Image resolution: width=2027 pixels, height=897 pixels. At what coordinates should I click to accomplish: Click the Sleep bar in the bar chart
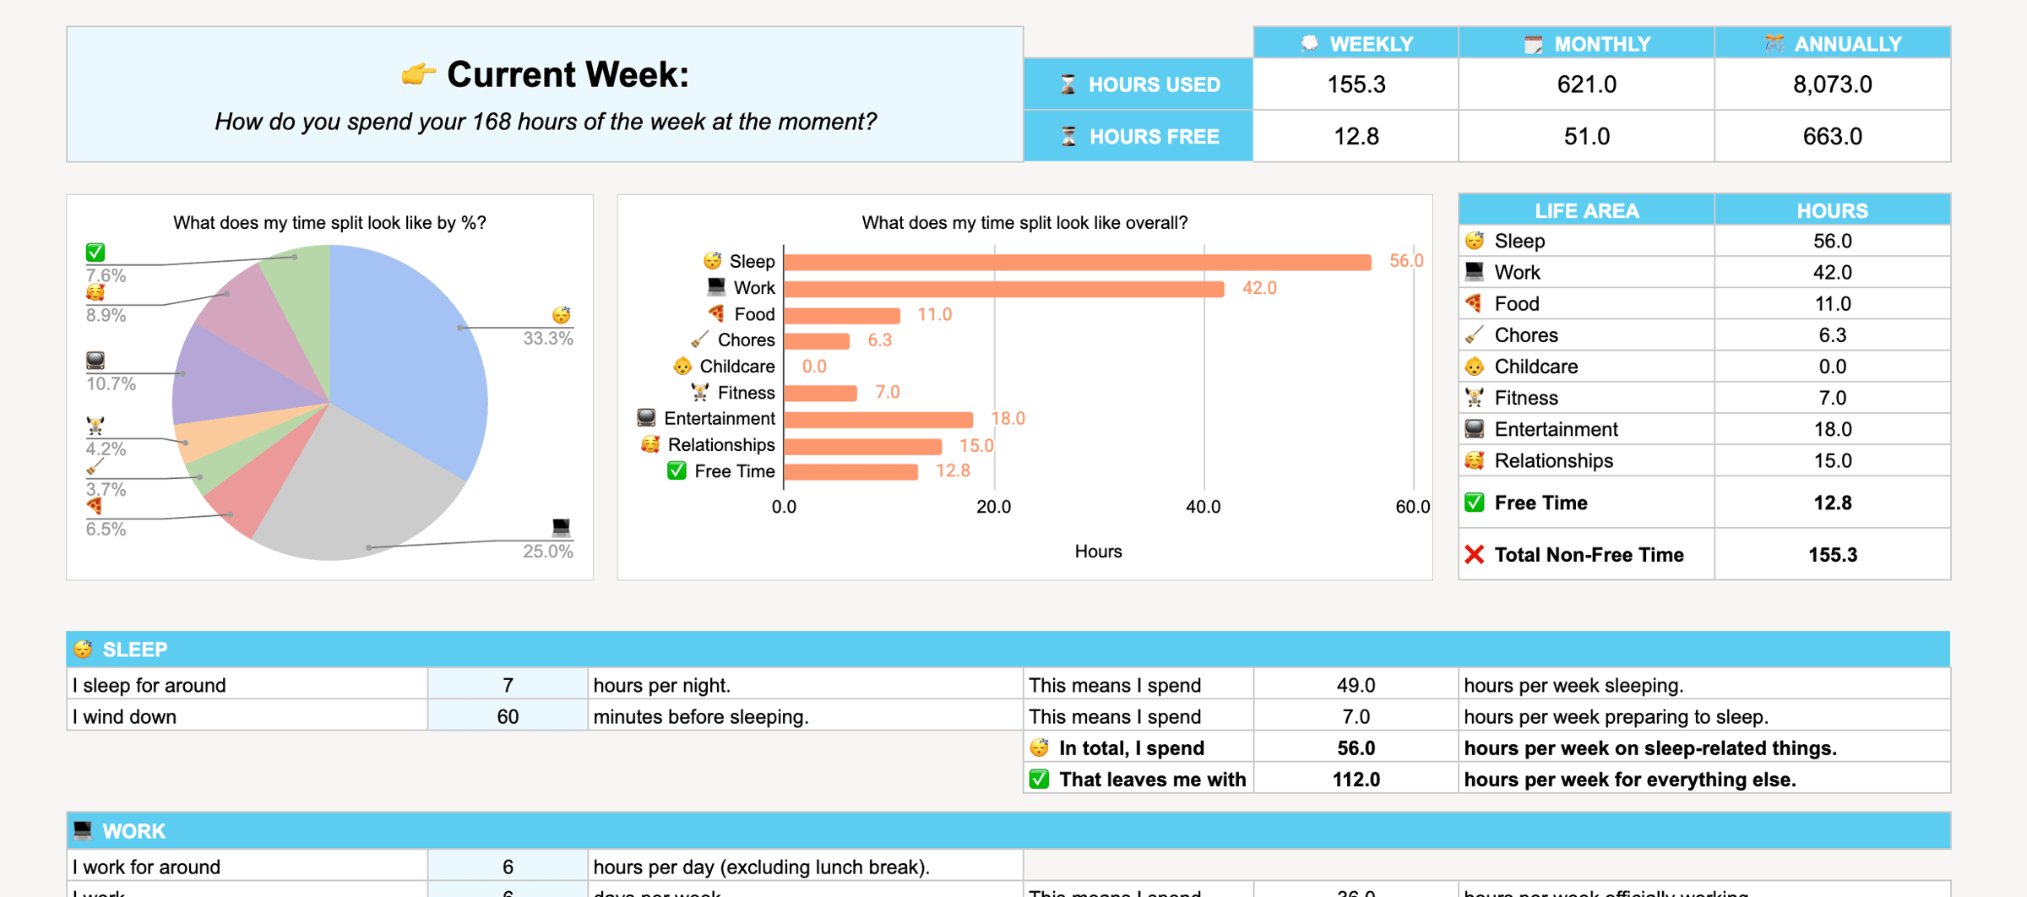click(x=1077, y=262)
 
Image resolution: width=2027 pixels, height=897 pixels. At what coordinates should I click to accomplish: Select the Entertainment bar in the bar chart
click(x=878, y=419)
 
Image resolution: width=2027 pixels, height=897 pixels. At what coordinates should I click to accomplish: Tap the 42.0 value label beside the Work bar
click(x=1258, y=288)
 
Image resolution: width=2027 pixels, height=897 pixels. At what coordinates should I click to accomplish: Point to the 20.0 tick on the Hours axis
click(x=993, y=507)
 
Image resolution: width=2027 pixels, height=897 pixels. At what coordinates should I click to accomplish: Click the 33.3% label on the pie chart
click(x=548, y=339)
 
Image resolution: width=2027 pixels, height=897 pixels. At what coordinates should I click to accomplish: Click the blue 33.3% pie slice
click(x=405, y=355)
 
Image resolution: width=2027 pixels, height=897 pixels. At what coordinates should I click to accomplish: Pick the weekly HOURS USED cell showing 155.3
click(x=1356, y=84)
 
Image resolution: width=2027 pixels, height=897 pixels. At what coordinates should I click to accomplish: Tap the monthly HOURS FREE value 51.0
click(x=1586, y=136)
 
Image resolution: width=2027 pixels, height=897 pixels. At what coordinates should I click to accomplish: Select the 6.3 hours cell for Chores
click(x=1832, y=335)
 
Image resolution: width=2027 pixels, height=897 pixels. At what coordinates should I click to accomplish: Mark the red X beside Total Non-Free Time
click(x=1475, y=555)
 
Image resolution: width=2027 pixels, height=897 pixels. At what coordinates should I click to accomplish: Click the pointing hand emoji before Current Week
click(x=418, y=75)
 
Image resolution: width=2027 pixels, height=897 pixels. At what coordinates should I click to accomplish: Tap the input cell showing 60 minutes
click(x=508, y=717)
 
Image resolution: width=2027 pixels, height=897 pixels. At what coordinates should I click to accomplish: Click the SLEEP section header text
click(x=135, y=650)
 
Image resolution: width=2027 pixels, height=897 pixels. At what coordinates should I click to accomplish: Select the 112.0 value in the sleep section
click(x=1356, y=780)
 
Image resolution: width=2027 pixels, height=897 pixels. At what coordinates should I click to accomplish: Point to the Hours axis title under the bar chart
click(x=1098, y=552)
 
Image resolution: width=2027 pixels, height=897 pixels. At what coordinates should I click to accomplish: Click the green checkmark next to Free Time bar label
click(x=677, y=471)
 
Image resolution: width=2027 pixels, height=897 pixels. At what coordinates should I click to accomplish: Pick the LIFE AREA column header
click(x=1586, y=210)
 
